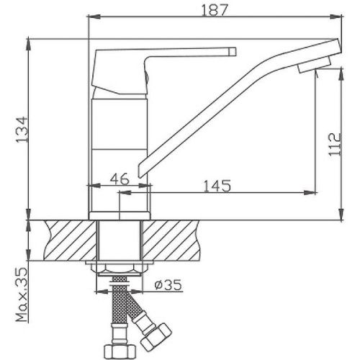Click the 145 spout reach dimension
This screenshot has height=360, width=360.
[x=217, y=186]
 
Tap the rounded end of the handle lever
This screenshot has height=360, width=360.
[x=232, y=51]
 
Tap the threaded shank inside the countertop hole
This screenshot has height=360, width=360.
[x=120, y=241]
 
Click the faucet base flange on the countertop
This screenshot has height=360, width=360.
[x=120, y=215]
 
